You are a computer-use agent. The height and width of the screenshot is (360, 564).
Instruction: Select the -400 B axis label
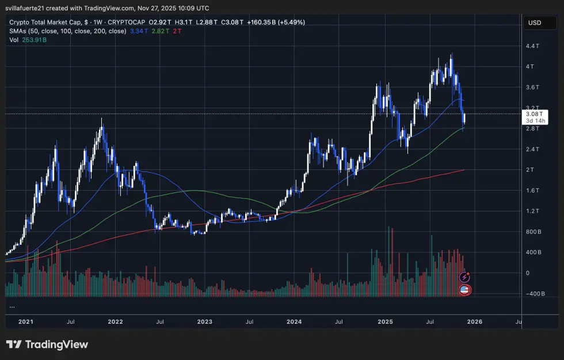(535, 294)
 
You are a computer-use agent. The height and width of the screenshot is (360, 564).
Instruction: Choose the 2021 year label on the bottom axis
(25, 321)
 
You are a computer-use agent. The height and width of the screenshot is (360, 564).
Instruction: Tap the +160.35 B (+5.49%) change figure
(276, 22)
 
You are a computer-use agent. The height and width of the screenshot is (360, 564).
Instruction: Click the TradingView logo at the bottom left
(47, 344)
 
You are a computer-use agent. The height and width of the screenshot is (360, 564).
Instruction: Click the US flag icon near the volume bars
(464, 289)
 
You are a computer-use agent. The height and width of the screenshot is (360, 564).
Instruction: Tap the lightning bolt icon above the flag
(464, 278)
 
